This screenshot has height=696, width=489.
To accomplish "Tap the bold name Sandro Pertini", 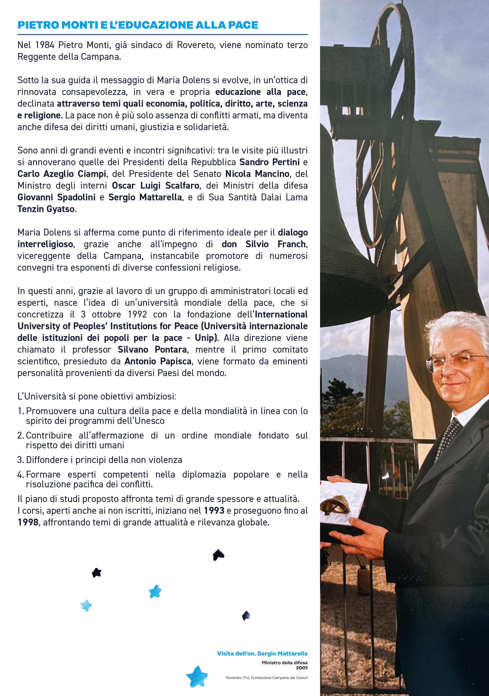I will tap(269, 162).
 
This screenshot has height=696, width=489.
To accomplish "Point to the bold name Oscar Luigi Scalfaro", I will tap(156, 185).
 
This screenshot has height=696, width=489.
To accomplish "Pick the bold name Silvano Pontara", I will tap(152, 349).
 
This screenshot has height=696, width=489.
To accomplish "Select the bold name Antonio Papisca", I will tap(158, 361).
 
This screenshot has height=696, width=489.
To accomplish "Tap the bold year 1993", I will tap(214, 511).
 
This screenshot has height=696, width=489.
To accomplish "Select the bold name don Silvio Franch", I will tap(264, 244).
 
